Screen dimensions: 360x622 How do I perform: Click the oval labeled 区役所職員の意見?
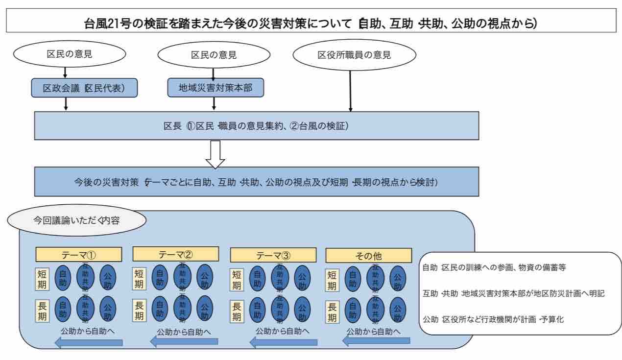coord(354,55)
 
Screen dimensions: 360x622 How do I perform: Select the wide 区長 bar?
coord(256,125)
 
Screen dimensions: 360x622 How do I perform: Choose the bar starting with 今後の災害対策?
coord(256,182)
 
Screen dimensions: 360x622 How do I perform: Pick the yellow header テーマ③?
coord(273,255)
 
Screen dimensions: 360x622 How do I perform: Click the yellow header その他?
coord(368,255)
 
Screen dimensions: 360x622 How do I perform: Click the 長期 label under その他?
coord(332,311)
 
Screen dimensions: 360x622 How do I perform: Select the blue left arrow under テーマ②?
coord(184,341)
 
